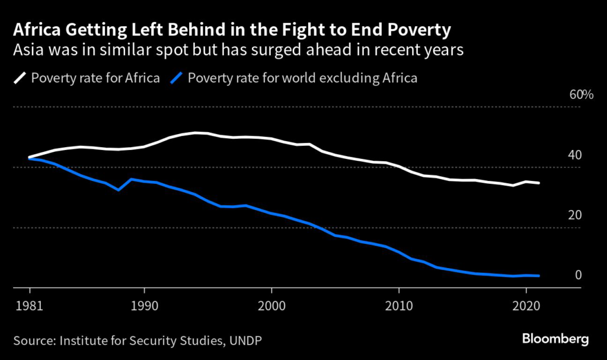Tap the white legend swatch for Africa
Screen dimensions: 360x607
(20, 78)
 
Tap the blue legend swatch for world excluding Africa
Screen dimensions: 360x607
(176, 78)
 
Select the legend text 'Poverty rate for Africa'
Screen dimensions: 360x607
(95, 78)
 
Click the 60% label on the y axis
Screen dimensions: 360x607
(581, 95)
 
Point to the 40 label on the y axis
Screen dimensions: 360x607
(574, 155)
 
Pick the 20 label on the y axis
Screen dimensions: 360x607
(574, 215)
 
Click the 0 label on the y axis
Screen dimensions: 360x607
(578, 275)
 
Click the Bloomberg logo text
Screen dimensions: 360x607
(555, 339)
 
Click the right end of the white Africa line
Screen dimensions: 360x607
(539, 183)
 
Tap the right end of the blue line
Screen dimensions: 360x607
(539, 276)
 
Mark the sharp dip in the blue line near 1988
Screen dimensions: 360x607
(119, 190)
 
